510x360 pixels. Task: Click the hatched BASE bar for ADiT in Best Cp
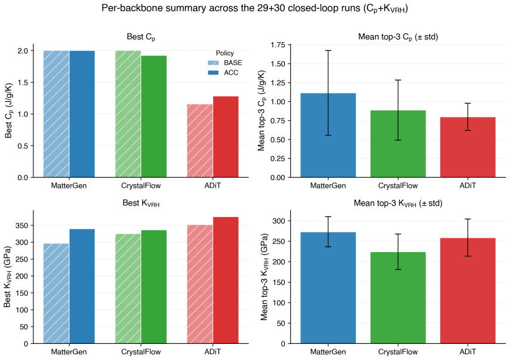point(200,141)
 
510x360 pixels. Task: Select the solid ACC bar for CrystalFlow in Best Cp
point(154,117)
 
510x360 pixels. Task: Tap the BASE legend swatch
point(213,63)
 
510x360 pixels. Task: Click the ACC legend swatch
point(213,73)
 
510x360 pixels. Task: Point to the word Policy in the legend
point(225,53)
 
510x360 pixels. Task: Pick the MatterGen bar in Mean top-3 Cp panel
point(328,135)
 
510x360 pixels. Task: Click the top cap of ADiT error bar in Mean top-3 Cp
point(468,103)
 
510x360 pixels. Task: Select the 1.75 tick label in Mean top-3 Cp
point(278,45)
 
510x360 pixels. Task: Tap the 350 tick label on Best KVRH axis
point(23,225)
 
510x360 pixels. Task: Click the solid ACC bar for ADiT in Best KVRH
point(226,280)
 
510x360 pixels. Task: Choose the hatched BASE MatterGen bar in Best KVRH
point(56,294)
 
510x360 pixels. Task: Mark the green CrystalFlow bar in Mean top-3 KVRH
point(398,298)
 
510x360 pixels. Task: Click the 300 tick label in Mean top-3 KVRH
point(279,221)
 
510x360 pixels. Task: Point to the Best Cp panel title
point(141,37)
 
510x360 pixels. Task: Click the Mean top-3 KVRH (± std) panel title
point(398,203)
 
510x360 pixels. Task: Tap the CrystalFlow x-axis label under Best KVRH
point(141,352)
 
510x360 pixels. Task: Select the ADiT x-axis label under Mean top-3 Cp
point(468,185)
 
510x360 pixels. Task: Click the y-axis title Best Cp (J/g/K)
point(8,111)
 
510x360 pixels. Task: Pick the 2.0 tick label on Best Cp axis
point(23,51)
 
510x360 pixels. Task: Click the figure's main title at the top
point(254,8)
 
